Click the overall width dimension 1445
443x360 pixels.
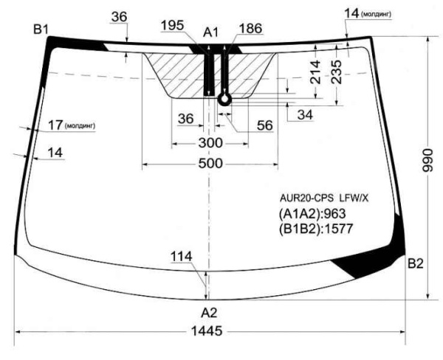(207, 331)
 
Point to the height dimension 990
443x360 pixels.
(427, 160)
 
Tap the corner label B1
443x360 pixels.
(41, 30)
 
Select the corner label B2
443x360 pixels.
(415, 263)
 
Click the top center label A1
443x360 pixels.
(210, 32)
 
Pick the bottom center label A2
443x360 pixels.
(209, 313)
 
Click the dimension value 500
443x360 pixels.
(210, 164)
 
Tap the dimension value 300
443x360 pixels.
(210, 143)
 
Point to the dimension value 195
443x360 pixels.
(172, 25)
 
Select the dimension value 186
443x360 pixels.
(250, 29)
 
